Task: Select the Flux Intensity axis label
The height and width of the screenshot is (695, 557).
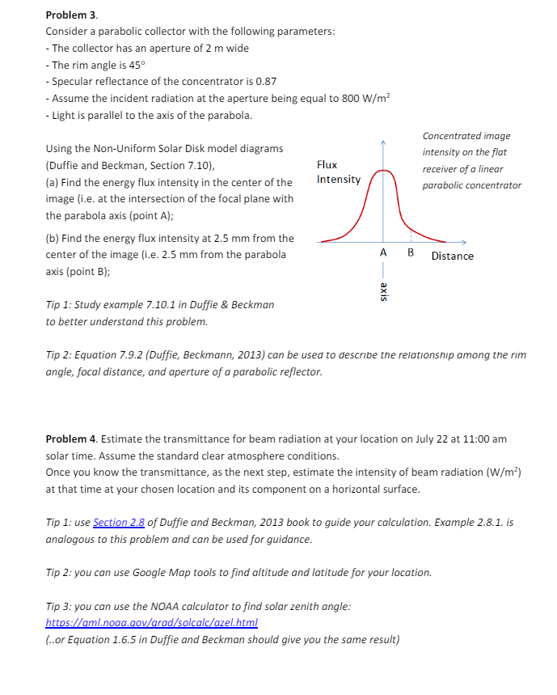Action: (x=338, y=172)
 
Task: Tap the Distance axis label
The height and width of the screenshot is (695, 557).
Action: (x=453, y=256)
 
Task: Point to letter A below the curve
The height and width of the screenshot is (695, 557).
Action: (x=383, y=253)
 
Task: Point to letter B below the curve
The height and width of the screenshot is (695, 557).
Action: (x=411, y=253)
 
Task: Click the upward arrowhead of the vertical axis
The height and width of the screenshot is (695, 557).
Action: (x=384, y=142)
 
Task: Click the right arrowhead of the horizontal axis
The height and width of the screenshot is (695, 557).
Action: (x=465, y=241)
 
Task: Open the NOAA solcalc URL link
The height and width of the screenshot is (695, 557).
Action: (x=151, y=623)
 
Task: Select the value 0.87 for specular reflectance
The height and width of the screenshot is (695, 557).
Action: (x=266, y=82)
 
